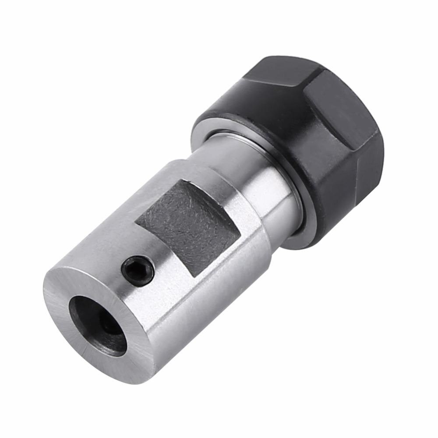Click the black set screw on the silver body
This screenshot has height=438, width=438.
pyautogui.click(x=138, y=271)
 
